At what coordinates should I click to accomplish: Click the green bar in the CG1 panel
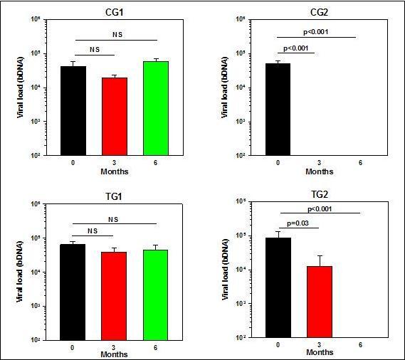pos(156,108)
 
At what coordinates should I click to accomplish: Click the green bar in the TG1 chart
pos(156,295)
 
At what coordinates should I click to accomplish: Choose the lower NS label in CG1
pos(94,49)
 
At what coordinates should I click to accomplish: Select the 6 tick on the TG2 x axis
pos(362,344)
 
